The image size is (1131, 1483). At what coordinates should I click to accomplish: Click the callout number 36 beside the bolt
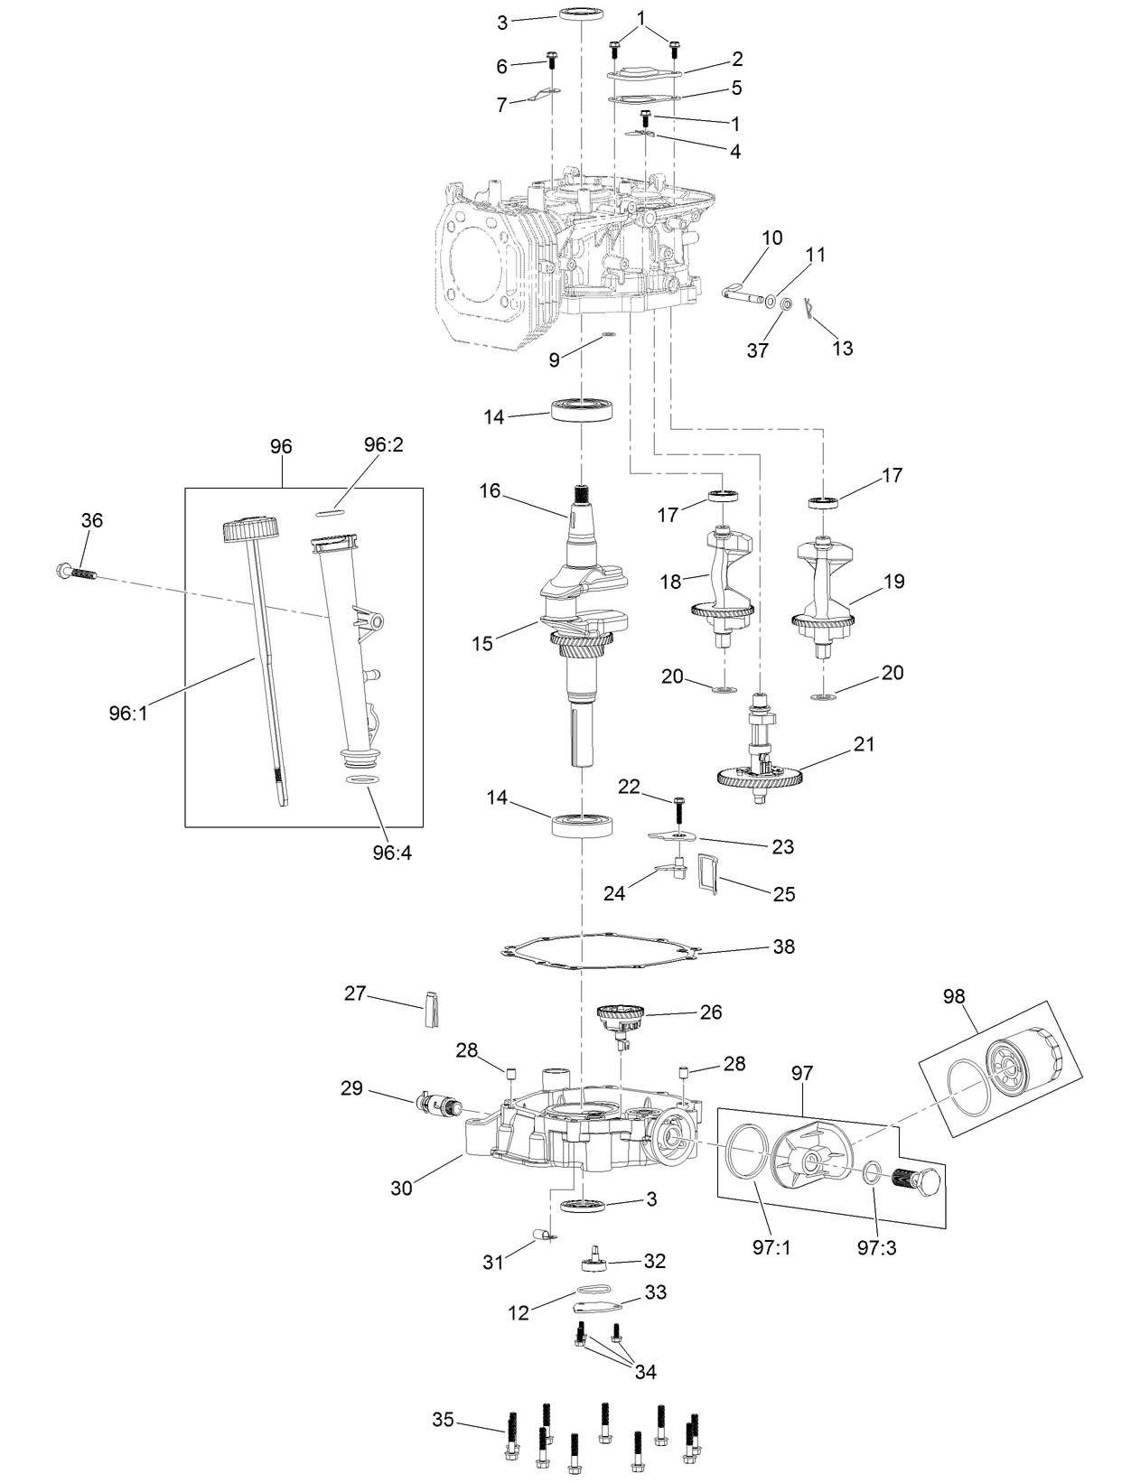tap(91, 520)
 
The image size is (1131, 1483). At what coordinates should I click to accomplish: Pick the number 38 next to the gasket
tap(783, 947)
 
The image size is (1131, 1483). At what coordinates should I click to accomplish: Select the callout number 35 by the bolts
tap(443, 1419)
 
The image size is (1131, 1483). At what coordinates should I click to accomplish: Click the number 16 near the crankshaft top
tap(490, 490)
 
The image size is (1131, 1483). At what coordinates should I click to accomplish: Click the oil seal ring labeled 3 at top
tap(582, 14)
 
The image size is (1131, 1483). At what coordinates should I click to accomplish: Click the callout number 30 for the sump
tap(401, 1188)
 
